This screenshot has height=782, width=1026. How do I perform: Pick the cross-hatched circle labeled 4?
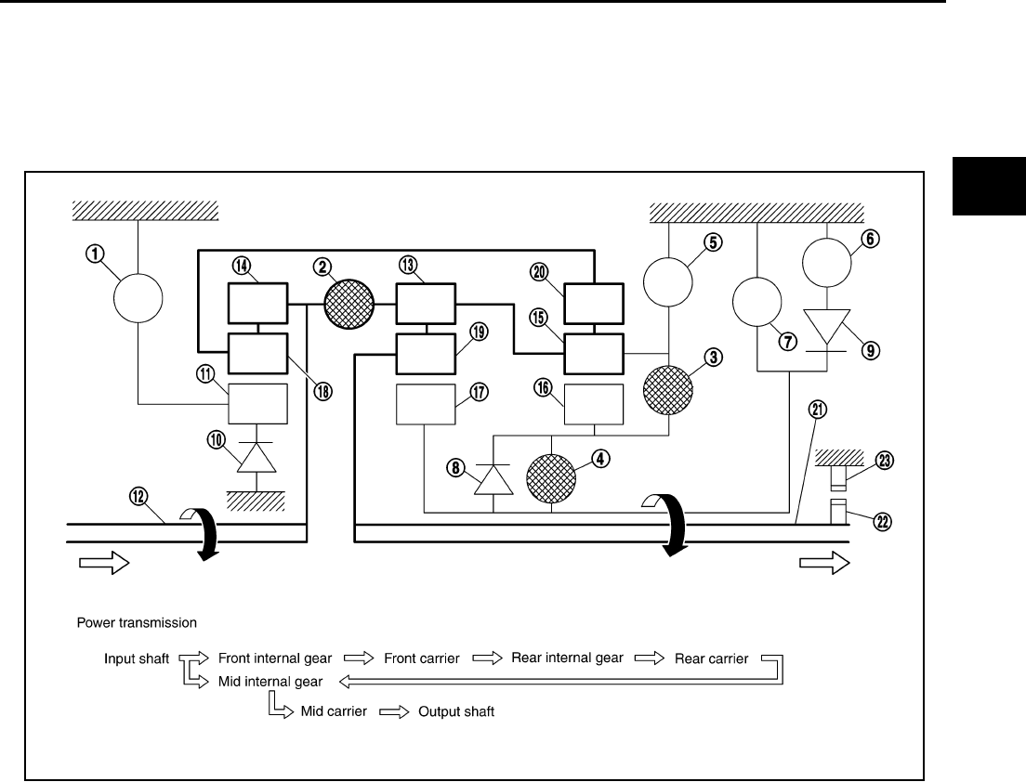pos(552,480)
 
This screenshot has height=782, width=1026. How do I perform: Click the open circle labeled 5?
pos(669,279)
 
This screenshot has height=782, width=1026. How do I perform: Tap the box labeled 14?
pos(258,303)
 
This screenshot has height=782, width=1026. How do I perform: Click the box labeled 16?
pos(594,404)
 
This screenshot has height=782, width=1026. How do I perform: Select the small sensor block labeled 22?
pos(838,511)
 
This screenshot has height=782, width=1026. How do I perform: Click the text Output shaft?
pos(455,712)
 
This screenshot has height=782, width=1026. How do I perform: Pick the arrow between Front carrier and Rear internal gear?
pos(487,658)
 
